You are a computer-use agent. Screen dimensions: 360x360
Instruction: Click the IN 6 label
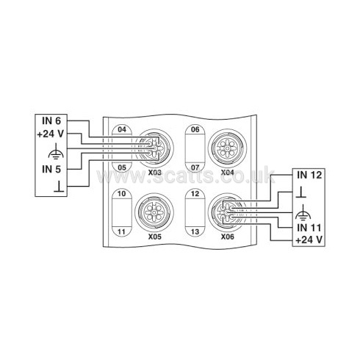pyautogui.click(x=51, y=120)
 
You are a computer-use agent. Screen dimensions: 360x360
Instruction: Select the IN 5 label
pyautogui.click(x=51, y=169)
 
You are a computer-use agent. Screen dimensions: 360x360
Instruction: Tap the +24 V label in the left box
pyautogui.click(x=51, y=134)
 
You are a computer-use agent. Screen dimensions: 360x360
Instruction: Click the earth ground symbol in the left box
pyautogui.click(x=56, y=151)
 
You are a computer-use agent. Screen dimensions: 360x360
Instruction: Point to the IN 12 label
pyautogui.click(x=309, y=175)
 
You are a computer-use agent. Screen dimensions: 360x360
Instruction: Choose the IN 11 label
pyautogui.click(x=309, y=228)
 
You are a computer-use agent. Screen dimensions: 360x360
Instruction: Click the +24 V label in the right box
pyautogui.click(x=309, y=240)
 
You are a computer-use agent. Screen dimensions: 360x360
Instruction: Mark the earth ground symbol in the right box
pyautogui.click(x=303, y=212)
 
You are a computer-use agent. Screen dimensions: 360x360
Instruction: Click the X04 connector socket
pyautogui.click(x=227, y=148)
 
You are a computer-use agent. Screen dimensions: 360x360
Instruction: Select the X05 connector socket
pyautogui.click(x=154, y=212)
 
